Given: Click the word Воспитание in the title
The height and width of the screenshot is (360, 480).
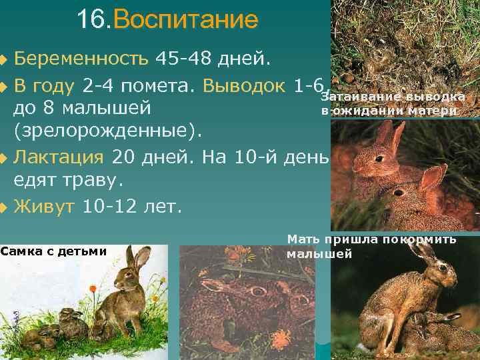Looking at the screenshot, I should (x=186, y=20).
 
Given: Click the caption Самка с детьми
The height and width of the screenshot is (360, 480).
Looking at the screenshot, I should (x=54, y=251).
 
